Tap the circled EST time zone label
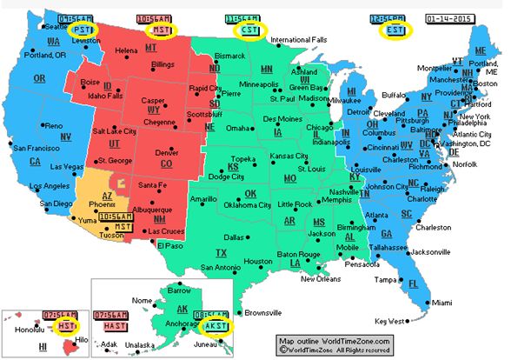[x=397, y=29]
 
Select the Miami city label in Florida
[x=443, y=302]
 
